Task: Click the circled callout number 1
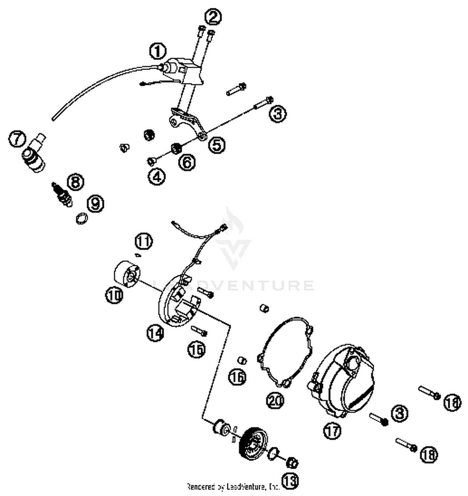pyautogui.click(x=158, y=51)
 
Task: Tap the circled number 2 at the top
pyautogui.click(x=213, y=17)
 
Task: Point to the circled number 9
pyautogui.click(x=95, y=203)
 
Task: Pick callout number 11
pyautogui.click(x=144, y=241)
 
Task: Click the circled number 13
pyautogui.click(x=290, y=481)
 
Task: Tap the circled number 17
pyautogui.click(x=332, y=431)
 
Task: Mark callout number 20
pyautogui.click(x=275, y=400)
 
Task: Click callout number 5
pyautogui.click(x=217, y=145)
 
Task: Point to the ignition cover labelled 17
pyautogui.click(x=343, y=381)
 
